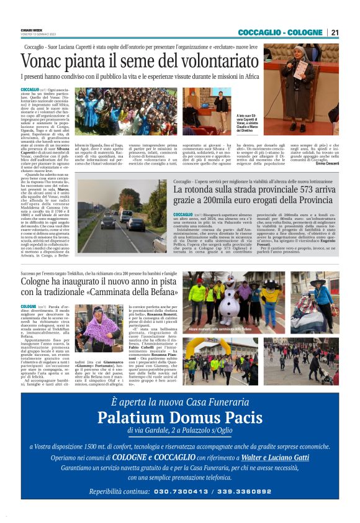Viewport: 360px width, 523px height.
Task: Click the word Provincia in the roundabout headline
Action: [313, 201]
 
